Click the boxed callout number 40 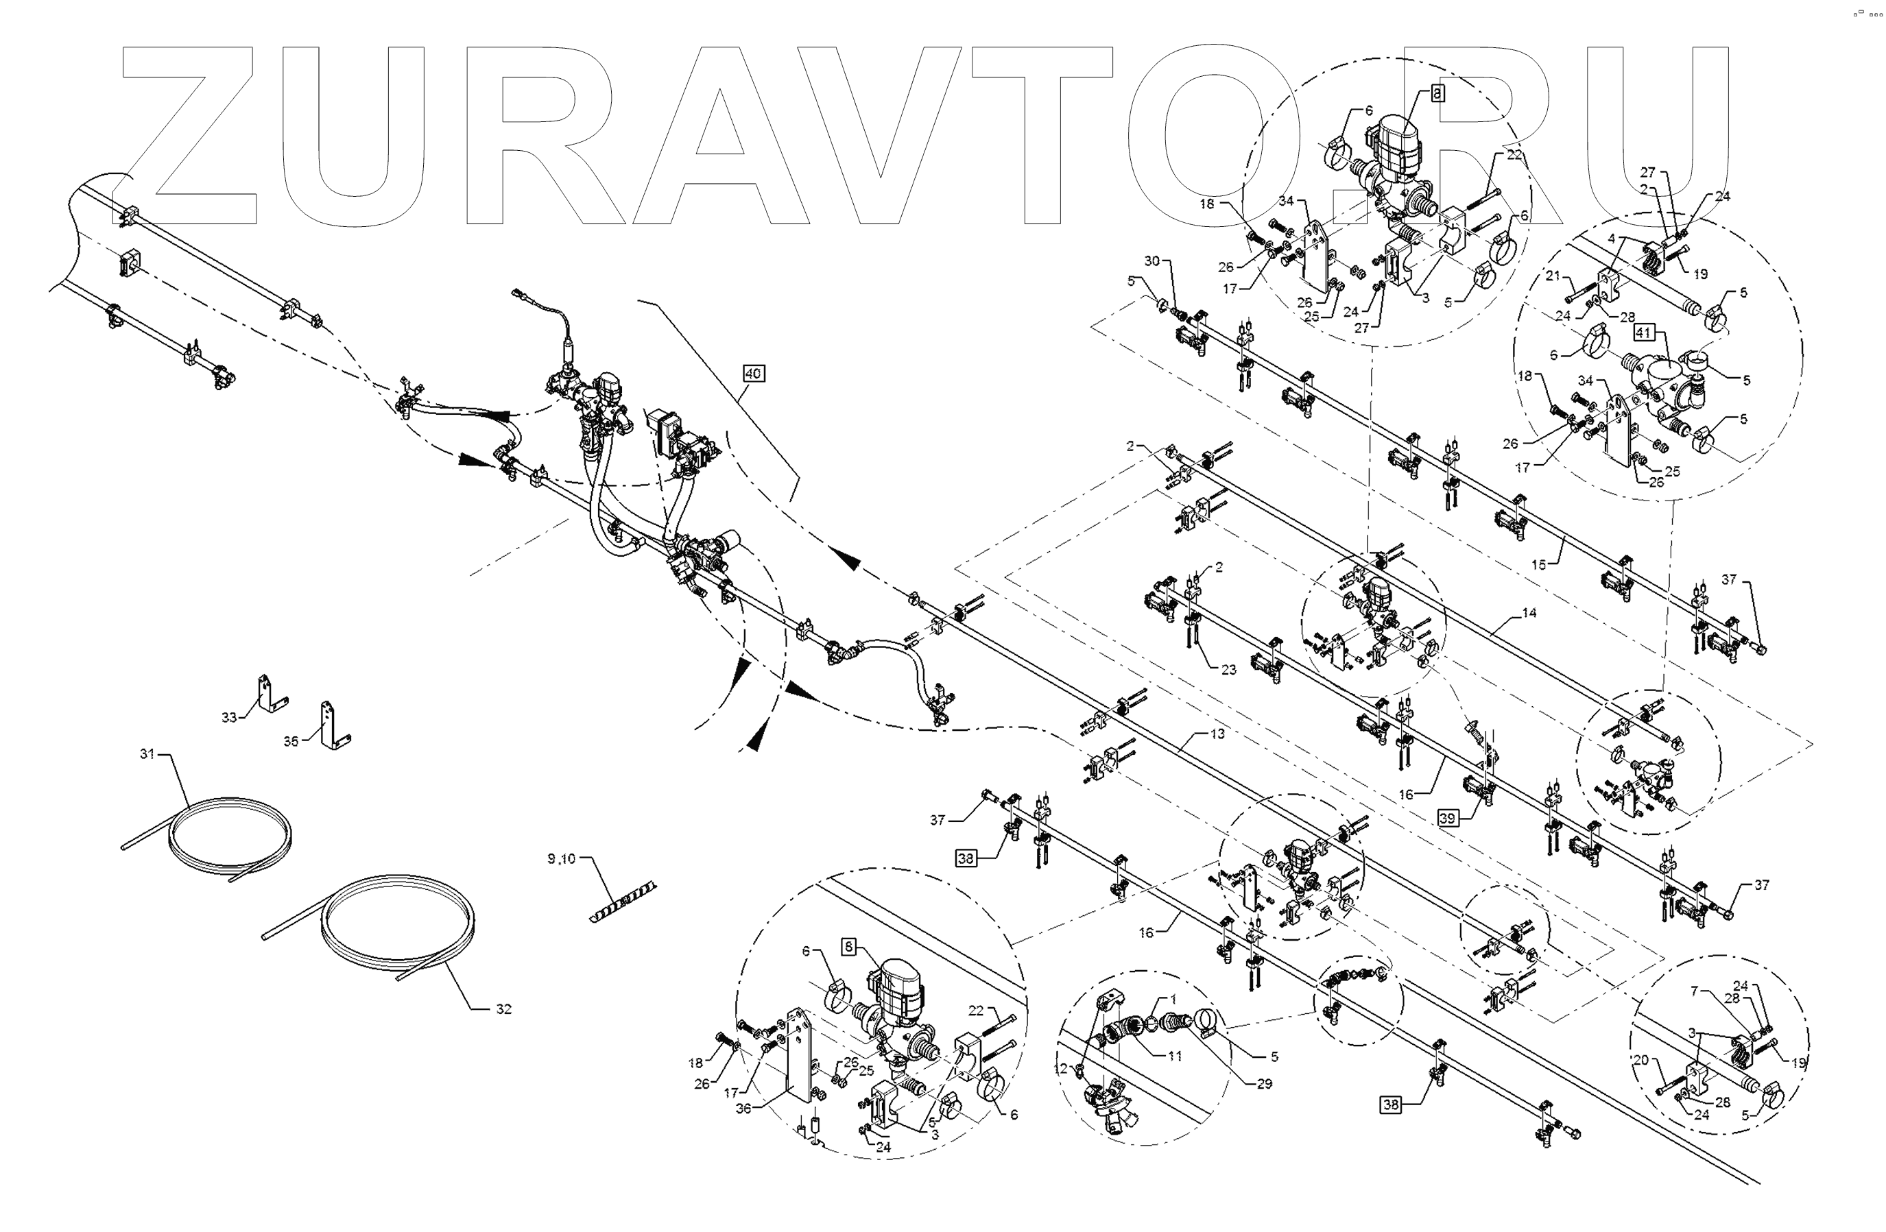pyautogui.click(x=753, y=372)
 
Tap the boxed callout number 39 pyautogui.click(x=1448, y=819)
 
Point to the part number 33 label pyautogui.click(x=229, y=717)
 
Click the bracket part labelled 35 pyautogui.click(x=333, y=726)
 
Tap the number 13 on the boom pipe pyautogui.click(x=1217, y=734)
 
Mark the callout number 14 pyautogui.click(x=1529, y=612)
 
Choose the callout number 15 pyautogui.click(x=1538, y=565)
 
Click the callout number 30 pyautogui.click(x=1151, y=261)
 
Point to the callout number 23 pyautogui.click(x=1228, y=670)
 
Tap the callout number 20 pyautogui.click(x=1640, y=1060)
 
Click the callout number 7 pyautogui.click(x=1694, y=991)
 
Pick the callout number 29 pyautogui.click(x=1264, y=1083)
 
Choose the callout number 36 pyautogui.click(x=743, y=1109)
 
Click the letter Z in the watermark pyautogui.click(x=190, y=134)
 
